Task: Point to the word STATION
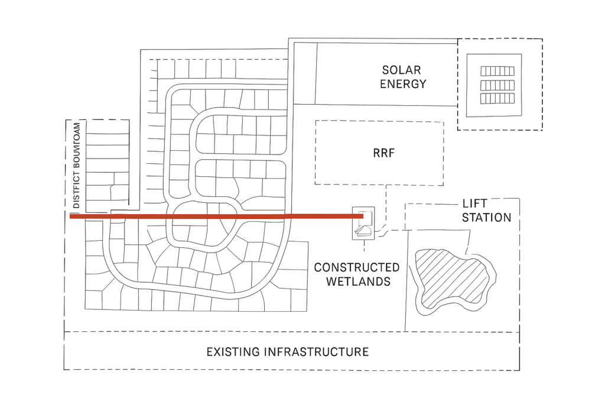486,218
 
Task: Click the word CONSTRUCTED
356,268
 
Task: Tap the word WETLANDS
360,282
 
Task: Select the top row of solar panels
497,71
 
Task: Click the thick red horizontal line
213,216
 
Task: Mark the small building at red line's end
363,224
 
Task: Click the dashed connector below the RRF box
386,204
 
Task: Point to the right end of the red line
361,216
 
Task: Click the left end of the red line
71,216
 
